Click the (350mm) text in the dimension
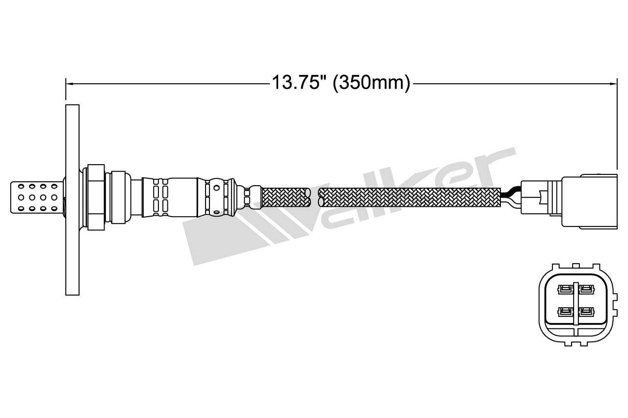[x=371, y=83]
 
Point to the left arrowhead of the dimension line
[x=69, y=84]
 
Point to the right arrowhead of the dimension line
[x=613, y=84]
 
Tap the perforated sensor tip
[x=37, y=197]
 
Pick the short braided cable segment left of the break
[x=287, y=197]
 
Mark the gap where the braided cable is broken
[x=314, y=197]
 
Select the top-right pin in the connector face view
[x=586, y=289]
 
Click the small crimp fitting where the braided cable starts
[x=255, y=197]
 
